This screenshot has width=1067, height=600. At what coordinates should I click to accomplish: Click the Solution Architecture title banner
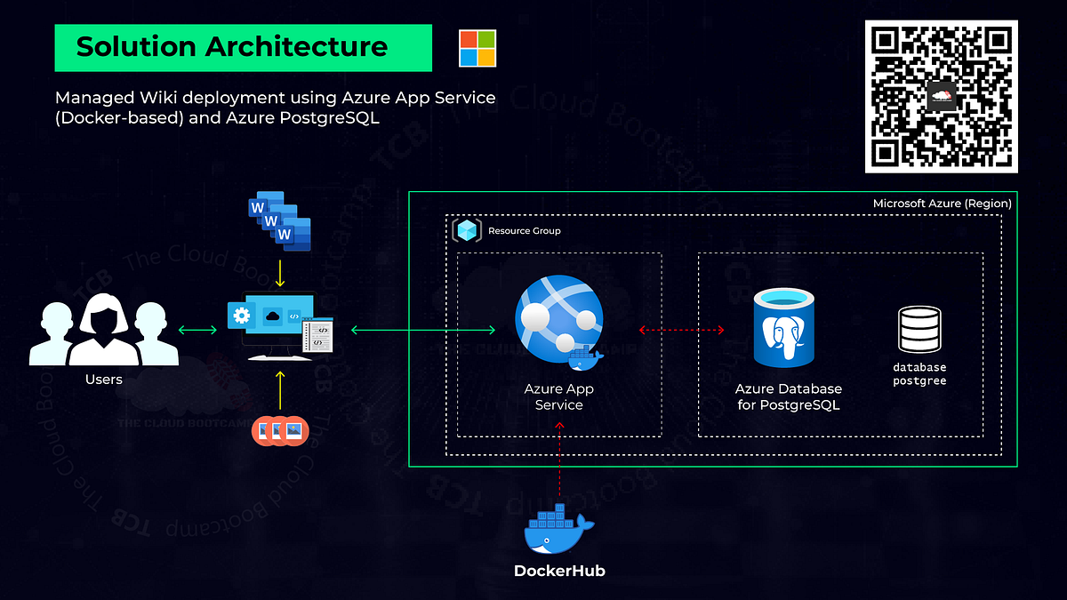tap(243, 48)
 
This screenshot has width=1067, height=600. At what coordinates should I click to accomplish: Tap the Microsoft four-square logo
tap(477, 48)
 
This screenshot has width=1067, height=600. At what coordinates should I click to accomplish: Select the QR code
tap(941, 96)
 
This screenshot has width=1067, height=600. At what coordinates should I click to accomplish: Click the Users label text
tap(104, 380)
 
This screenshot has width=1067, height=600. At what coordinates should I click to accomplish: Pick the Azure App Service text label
tap(558, 397)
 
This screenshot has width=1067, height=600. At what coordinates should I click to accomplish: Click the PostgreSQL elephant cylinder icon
tap(783, 327)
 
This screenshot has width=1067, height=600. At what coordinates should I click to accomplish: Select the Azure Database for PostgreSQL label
tap(788, 397)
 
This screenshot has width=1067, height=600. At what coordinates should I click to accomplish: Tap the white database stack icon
tap(919, 329)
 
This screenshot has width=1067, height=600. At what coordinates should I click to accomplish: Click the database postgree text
tap(919, 373)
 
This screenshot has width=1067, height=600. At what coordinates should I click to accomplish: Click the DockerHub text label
tap(559, 571)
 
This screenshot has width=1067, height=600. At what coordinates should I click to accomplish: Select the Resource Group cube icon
tap(467, 230)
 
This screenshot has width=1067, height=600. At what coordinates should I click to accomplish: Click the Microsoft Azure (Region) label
tap(942, 204)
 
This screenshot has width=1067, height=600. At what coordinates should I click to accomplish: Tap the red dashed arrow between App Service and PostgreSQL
tap(682, 330)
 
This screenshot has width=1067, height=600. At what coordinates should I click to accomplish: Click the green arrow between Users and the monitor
tap(197, 331)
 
